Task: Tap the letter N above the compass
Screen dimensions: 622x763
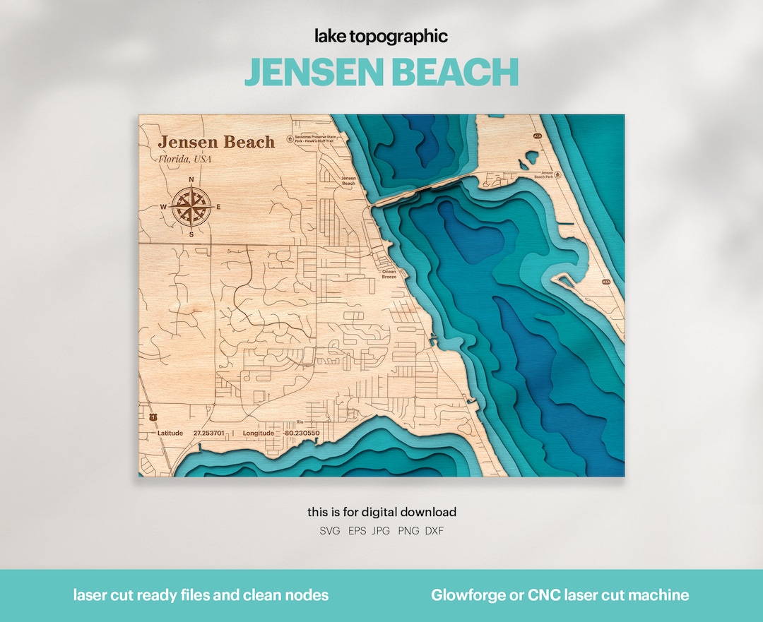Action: tap(191, 179)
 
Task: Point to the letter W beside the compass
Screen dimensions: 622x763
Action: tap(163, 207)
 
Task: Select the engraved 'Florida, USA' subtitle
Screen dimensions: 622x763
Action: tap(184, 159)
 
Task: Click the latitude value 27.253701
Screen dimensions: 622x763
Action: tap(208, 433)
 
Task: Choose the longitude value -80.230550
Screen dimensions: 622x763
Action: tap(300, 433)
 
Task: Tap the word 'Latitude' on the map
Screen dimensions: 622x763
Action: tap(170, 433)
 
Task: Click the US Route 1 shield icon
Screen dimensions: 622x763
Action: tap(153, 417)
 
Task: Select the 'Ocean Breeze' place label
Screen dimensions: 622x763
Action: tap(389, 274)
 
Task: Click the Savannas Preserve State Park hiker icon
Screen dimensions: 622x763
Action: tap(289, 139)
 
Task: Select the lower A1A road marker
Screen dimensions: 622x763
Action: tap(605, 282)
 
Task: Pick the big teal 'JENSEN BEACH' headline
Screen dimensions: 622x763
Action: tap(381, 72)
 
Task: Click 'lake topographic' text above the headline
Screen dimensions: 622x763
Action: tap(381, 37)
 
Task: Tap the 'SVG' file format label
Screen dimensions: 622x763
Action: tap(329, 530)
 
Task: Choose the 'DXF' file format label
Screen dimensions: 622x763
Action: tap(434, 530)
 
